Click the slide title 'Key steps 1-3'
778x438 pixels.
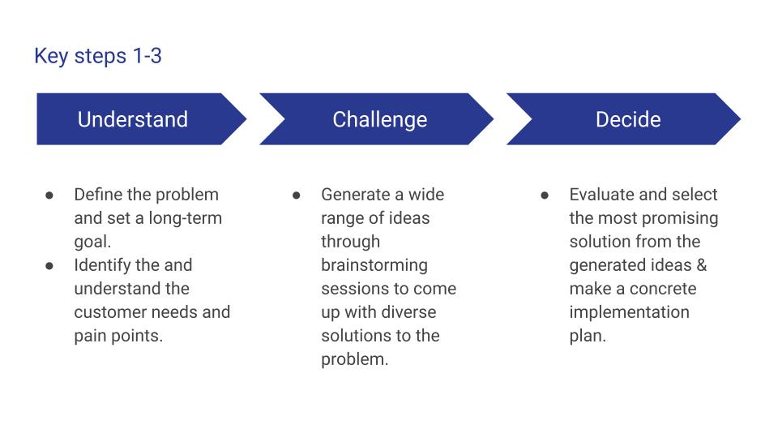98,56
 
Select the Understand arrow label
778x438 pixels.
132,119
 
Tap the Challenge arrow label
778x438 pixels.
379,120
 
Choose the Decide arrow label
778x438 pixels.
628,119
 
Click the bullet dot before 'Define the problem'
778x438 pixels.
49,195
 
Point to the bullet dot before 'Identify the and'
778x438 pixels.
49,266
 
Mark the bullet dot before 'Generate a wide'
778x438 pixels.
297,195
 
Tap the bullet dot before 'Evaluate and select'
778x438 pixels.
545,195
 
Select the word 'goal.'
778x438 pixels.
92,242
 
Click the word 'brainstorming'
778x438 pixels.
374,265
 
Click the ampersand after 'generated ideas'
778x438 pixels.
702,264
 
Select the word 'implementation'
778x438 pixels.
629,312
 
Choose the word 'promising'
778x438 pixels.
682,218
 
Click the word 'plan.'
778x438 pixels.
588,336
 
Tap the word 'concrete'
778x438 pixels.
663,289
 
